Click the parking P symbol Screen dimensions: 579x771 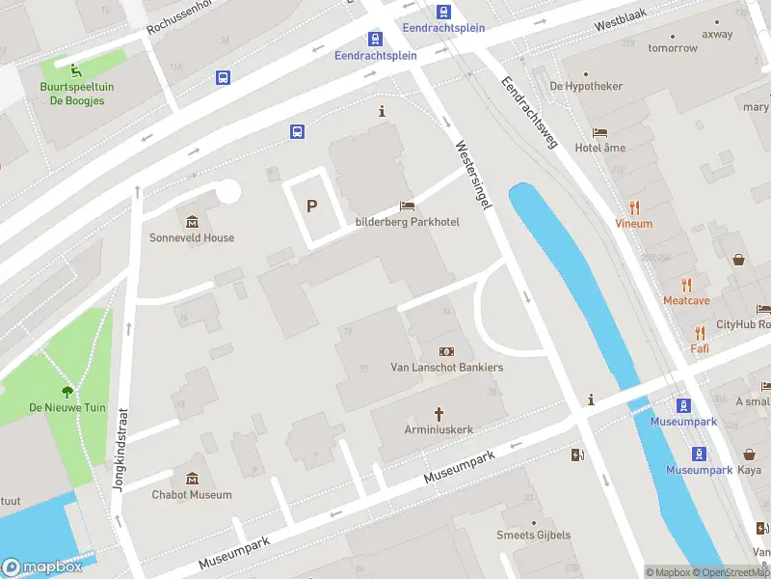[x=311, y=206]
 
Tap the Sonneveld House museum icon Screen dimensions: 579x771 [x=191, y=222]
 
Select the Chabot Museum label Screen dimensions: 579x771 [x=191, y=495]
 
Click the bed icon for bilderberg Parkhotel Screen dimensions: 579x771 [x=407, y=207]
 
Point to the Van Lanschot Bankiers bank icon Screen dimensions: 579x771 [x=446, y=351]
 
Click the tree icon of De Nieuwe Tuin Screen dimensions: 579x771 [x=67, y=392]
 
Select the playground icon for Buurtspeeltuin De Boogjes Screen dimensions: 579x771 [x=74, y=68]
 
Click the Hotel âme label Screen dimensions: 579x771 [x=599, y=148]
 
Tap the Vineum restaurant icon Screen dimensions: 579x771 [x=634, y=207]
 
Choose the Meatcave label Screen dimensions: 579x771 [x=686, y=300]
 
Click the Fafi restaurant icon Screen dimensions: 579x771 [x=699, y=331]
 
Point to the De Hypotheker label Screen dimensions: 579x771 [x=586, y=86]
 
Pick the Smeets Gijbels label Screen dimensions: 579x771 [x=533, y=535]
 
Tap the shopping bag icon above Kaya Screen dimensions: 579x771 [x=749, y=454]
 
